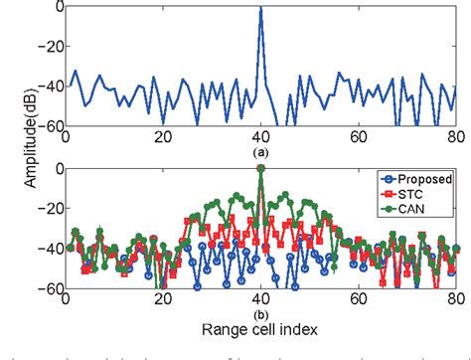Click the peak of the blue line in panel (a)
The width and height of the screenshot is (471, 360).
(x=260, y=8)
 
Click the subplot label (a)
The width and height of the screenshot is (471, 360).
(x=260, y=153)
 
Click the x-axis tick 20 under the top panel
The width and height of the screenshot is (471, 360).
(x=163, y=138)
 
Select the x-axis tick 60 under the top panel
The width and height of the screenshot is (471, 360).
(x=359, y=138)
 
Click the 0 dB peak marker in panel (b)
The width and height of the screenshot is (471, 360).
(x=260, y=169)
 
